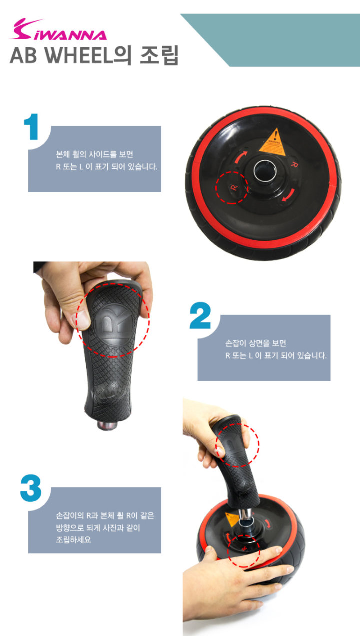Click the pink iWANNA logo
point(58,30)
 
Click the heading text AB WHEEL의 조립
point(94,55)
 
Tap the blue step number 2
point(200,315)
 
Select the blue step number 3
point(31,488)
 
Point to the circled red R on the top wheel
point(234,187)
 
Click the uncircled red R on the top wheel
point(294,164)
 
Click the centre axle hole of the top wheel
point(265,170)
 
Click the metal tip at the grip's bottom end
point(107,425)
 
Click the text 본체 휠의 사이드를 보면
point(94,154)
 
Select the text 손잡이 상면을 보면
point(256,343)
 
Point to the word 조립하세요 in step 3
point(73,539)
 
